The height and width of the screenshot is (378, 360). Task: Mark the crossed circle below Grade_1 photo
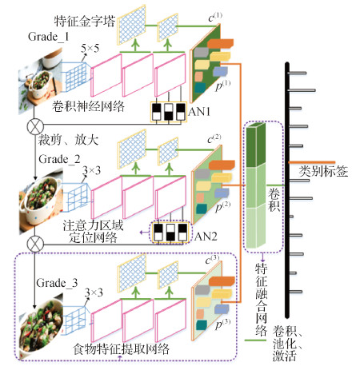pos(34,126)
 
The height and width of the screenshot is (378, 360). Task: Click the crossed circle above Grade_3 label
pos(34,243)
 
